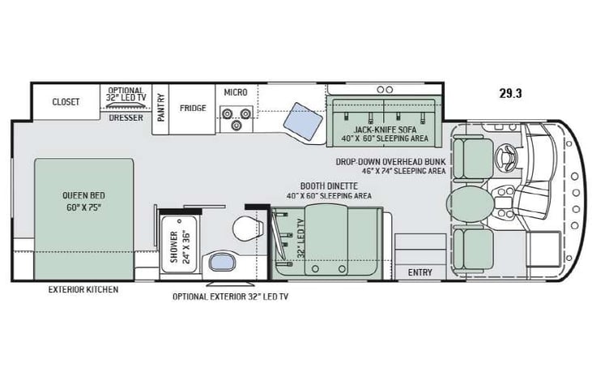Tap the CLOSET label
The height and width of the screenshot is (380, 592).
point(66,102)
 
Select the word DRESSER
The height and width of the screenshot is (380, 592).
point(126,117)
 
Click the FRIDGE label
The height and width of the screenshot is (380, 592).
point(193,108)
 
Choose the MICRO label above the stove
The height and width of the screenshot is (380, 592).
point(235,92)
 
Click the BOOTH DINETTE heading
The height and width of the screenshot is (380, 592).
point(329,186)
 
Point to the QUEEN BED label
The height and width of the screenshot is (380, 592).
point(84,195)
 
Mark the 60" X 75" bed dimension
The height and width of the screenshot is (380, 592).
point(84,206)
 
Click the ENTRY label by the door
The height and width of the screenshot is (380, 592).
point(420,272)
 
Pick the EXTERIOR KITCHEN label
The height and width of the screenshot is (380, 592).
point(83,289)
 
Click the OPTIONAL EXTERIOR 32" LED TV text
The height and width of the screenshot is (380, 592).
point(230,297)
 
